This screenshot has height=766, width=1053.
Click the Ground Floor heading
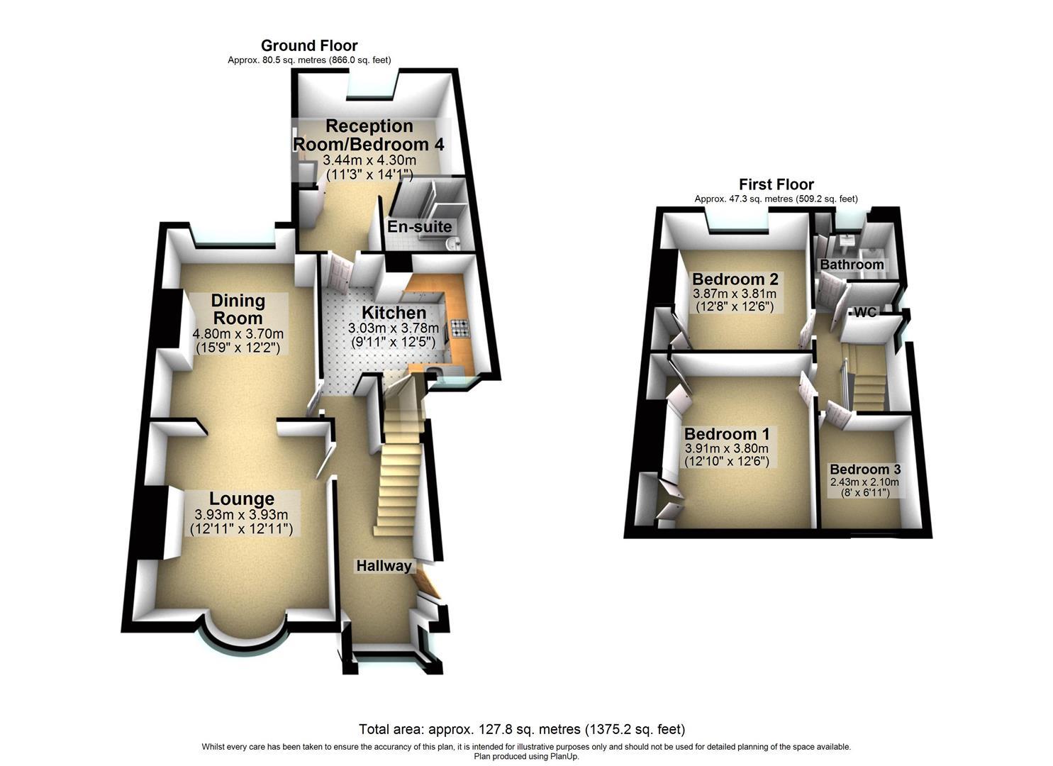[x=309, y=46]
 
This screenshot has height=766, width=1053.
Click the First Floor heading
[x=776, y=185]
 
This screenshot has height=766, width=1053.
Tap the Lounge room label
[x=241, y=499]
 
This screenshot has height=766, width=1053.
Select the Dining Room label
[x=238, y=309]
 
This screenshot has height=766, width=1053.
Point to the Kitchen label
[x=394, y=313]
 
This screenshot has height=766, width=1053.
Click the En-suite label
[x=419, y=227]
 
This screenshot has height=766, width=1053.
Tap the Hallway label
[x=384, y=566]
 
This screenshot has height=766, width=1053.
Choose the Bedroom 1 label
[x=726, y=434]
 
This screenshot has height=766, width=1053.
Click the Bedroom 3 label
[x=865, y=470]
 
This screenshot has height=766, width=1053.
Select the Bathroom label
[x=852, y=265]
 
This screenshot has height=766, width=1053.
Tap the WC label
[x=864, y=313]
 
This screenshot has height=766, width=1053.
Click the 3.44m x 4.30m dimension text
[x=369, y=160]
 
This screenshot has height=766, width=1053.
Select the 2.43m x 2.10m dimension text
[x=865, y=482]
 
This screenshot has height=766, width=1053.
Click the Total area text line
[x=522, y=729]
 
